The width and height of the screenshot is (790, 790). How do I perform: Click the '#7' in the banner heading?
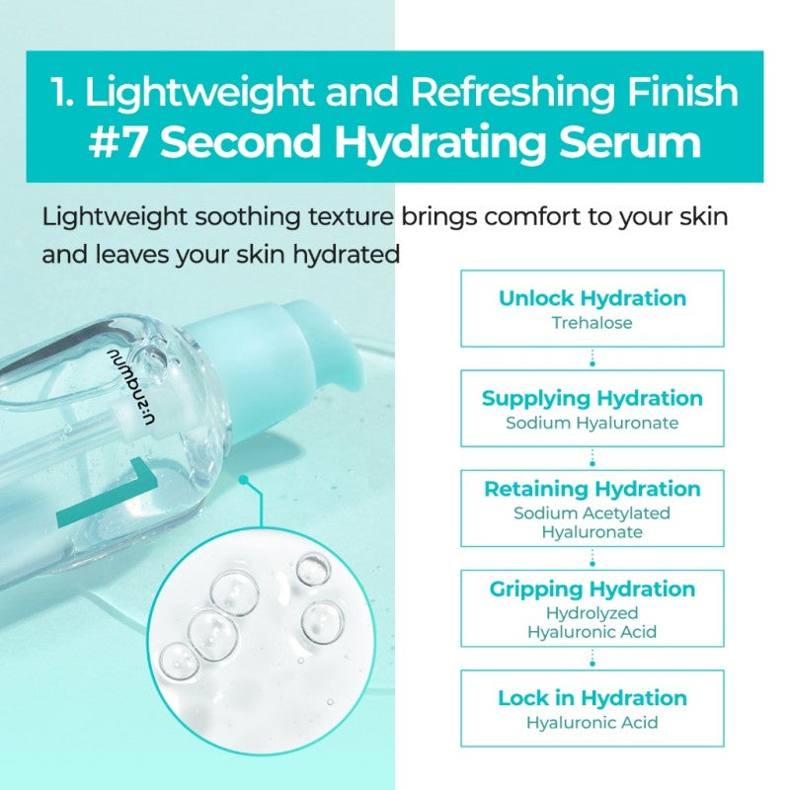119,141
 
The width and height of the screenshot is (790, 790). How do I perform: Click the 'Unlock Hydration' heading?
592,298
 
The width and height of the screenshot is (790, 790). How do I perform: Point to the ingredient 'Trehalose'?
592,323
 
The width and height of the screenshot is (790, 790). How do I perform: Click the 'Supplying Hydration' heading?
592,398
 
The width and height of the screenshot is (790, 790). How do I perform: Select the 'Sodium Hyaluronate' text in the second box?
592,423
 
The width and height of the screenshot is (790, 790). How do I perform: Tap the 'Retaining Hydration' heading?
592,489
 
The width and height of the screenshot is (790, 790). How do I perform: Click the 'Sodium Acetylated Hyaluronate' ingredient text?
592,522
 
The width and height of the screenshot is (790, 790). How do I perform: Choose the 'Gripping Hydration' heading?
592,590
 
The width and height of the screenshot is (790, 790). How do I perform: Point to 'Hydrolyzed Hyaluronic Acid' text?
592,622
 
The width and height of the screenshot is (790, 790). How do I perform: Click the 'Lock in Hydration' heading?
592,698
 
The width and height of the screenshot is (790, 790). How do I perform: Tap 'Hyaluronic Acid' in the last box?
592,723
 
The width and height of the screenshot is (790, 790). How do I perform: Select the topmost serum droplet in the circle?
313,568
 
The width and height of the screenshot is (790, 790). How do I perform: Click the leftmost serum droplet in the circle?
176,659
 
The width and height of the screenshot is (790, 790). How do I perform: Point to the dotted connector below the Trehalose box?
592,357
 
